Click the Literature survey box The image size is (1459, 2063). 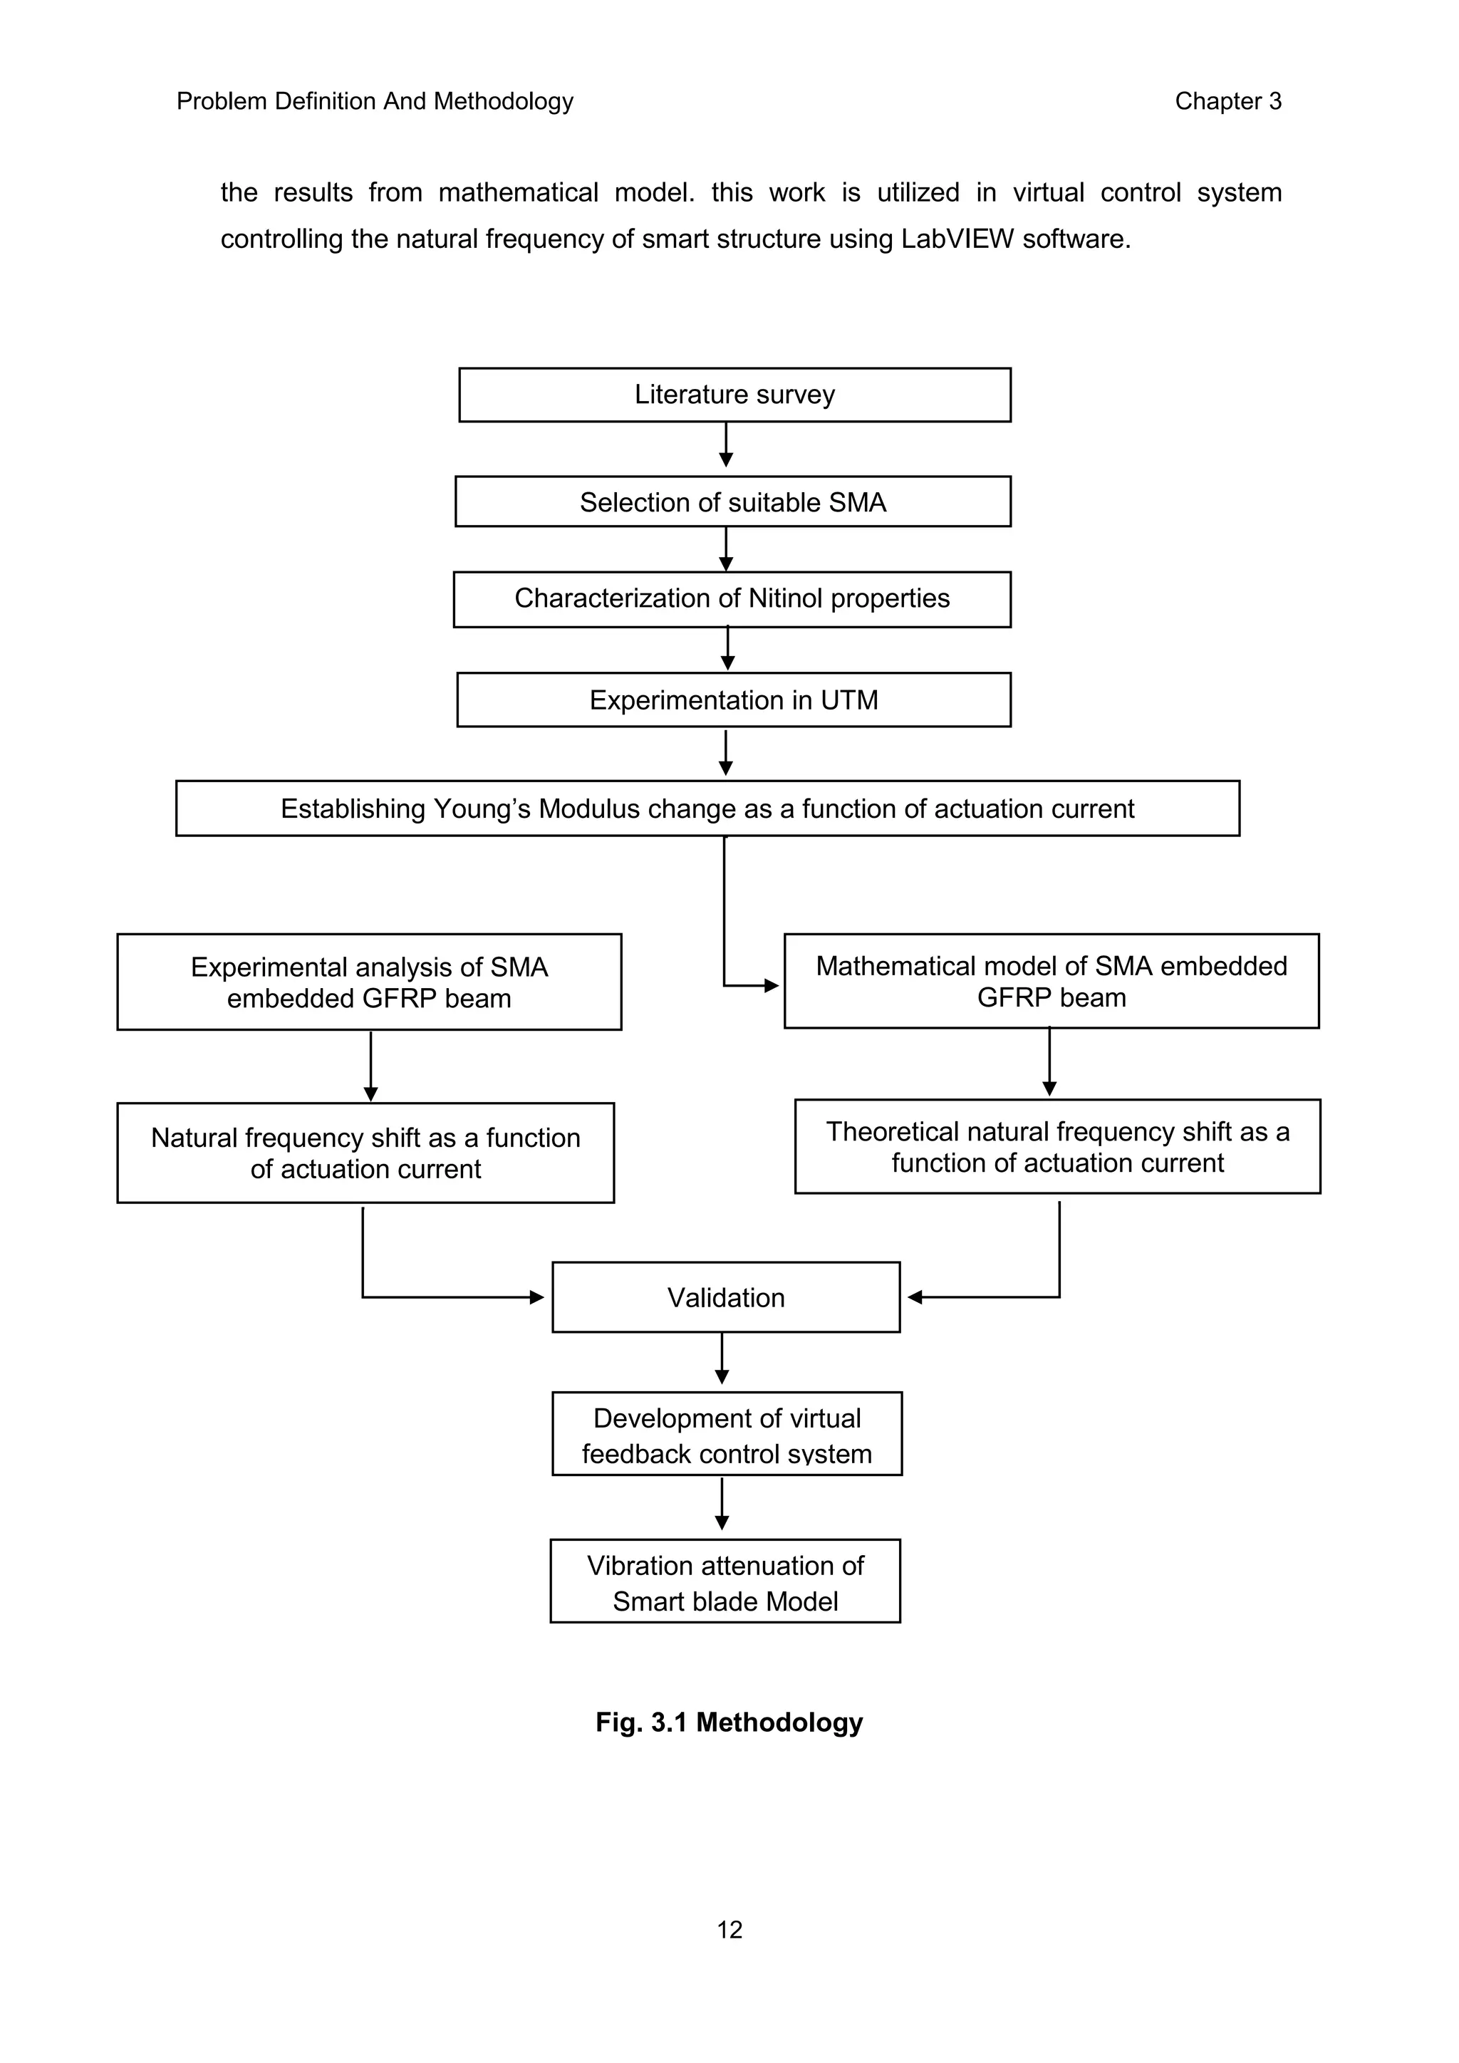point(734,395)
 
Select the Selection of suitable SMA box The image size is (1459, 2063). point(732,502)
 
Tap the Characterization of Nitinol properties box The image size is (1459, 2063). point(732,598)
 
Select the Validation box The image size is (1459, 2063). point(725,1297)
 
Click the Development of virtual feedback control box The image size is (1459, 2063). point(726,1435)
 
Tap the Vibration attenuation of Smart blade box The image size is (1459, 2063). point(725,1582)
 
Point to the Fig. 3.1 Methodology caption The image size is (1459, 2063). point(729,1722)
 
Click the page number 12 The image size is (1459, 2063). point(729,1930)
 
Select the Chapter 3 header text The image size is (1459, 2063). point(1227,102)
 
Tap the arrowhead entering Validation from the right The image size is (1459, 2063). point(915,1297)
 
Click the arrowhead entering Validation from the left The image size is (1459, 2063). point(537,1297)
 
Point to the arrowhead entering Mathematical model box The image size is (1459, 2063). point(771,986)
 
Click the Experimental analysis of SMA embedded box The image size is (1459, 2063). point(368,982)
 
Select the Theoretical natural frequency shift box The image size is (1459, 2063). point(1056,1146)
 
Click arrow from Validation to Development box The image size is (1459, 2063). point(722,1361)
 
